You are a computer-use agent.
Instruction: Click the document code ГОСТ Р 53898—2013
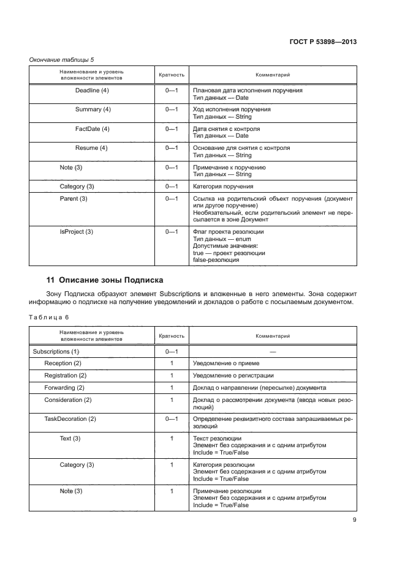click(323, 42)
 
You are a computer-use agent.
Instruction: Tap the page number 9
click(355, 521)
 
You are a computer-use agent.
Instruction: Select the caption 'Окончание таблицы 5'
click(62, 60)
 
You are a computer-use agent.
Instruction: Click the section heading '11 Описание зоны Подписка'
click(105, 280)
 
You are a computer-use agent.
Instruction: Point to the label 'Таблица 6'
click(50, 317)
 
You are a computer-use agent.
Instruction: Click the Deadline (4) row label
click(91, 91)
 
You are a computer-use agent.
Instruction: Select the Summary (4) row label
click(93, 110)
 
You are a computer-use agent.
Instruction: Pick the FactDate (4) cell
click(92, 129)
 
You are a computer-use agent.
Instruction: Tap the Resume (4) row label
click(91, 148)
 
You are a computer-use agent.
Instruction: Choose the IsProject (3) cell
click(76, 232)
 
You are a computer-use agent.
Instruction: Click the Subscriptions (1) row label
click(56, 352)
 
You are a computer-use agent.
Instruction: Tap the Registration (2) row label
click(65, 376)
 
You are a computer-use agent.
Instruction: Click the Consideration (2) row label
click(67, 400)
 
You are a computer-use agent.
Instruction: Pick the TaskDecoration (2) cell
click(70, 419)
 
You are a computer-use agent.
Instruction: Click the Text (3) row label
click(70, 439)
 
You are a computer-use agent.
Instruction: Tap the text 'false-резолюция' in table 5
click(216, 260)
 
